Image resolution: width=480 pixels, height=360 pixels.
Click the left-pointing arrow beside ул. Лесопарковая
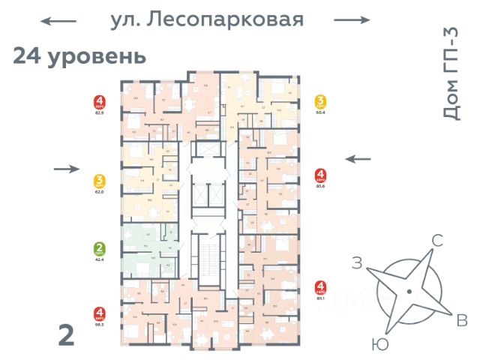click(58, 21)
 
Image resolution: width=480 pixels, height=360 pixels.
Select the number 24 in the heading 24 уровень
click(28, 56)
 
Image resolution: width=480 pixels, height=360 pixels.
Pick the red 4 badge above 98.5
click(99, 314)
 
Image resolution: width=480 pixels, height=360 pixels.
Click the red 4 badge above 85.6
click(321, 176)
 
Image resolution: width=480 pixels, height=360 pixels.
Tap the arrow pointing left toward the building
click(357, 158)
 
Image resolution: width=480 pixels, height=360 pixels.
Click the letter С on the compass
click(437, 241)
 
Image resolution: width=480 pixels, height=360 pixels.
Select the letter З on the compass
click(358, 262)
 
